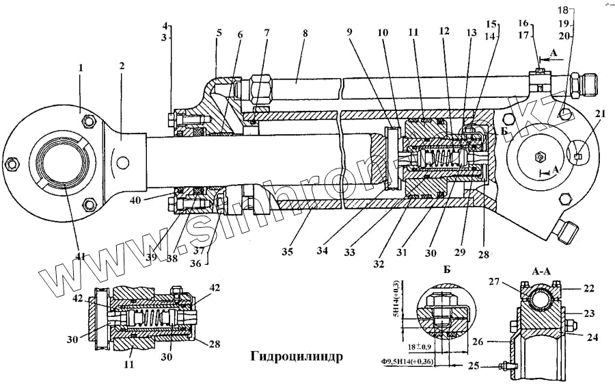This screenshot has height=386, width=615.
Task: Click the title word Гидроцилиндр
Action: click(x=295, y=357)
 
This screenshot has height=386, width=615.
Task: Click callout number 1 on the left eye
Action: click(x=81, y=68)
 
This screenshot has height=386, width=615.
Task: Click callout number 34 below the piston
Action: click(x=322, y=251)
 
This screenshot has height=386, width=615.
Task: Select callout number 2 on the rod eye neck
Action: click(x=121, y=66)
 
